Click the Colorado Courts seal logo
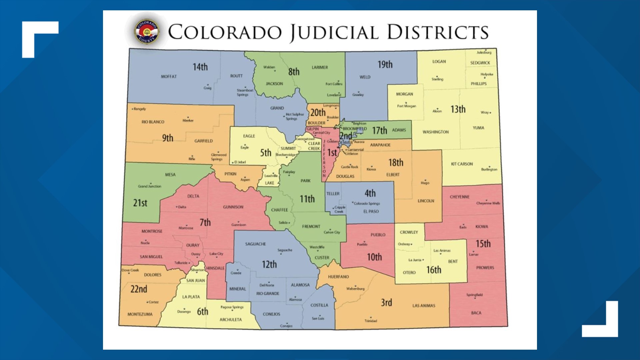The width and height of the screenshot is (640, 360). click(x=147, y=32)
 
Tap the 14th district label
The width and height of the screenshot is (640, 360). click(x=200, y=67)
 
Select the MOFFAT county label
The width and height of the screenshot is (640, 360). click(x=169, y=77)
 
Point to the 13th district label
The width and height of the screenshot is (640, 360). click(x=458, y=109)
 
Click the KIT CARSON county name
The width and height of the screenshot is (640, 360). click(x=462, y=164)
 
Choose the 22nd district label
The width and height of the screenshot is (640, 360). click(x=139, y=289)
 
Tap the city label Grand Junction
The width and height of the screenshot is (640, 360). click(x=150, y=186)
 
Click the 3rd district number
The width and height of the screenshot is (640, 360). click(x=386, y=303)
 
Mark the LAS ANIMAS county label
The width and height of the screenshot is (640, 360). click(x=424, y=306)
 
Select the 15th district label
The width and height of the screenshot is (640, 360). click(x=483, y=244)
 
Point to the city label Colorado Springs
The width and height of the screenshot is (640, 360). click(x=367, y=203)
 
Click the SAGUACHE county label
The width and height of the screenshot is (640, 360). click(x=255, y=244)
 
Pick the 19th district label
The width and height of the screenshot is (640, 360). click(x=385, y=65)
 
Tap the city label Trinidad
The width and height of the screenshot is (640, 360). click(x=371, y=321)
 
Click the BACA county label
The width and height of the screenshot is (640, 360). click(x=476, y=313)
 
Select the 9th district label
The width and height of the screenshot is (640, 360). click(x=168, y=138)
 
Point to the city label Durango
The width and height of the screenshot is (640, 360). click(x=184, y=312)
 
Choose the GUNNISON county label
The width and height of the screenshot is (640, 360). click(x=233, y=207)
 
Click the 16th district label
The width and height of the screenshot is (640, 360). click(x=434, y=270)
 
